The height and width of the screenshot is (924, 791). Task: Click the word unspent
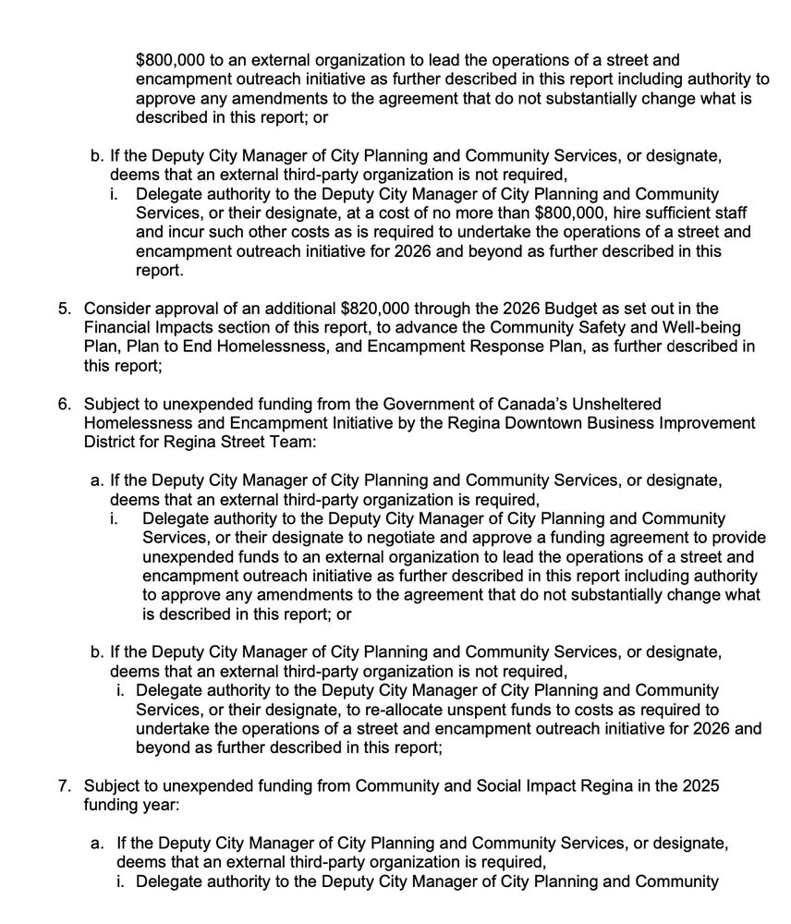(467, 710)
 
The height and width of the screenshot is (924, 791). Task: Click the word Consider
(115, 309)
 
